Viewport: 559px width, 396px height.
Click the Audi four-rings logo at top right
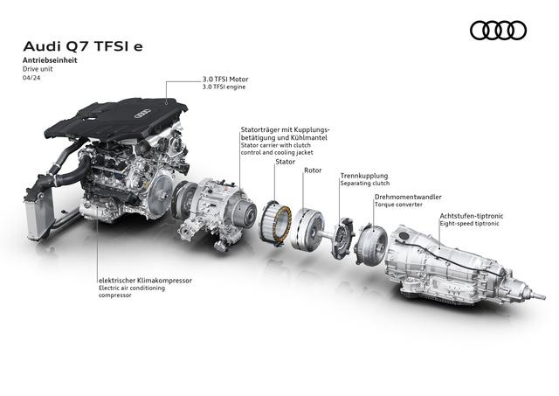click(498, 31)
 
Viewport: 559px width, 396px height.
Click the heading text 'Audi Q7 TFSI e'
click(83, 46)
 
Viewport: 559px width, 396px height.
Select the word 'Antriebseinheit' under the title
click(50, 60)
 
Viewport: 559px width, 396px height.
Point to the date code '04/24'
click(31, 78)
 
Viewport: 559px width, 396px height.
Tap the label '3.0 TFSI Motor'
click(225, 80)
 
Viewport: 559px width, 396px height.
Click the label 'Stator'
click(286, 162)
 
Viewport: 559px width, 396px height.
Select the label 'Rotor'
click(313, 170)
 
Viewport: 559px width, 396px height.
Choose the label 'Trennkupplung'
click(364, 176)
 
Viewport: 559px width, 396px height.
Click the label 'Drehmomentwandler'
click(408, 197)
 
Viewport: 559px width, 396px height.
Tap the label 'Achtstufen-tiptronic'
click(472, 216)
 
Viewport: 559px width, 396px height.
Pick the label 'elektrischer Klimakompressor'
click(145, 281)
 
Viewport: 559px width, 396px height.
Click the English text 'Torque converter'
click(398, 205)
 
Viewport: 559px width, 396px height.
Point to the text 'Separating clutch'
click(365, 184)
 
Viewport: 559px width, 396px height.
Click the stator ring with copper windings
click(275, 223)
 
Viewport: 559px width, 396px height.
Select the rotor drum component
click(307, 229)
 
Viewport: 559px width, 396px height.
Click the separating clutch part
click(343, 237)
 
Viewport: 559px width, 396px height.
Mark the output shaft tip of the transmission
click(542, 297)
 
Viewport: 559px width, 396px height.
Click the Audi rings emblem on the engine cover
click(141, 113)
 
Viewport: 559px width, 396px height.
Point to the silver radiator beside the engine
click(38, 218)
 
